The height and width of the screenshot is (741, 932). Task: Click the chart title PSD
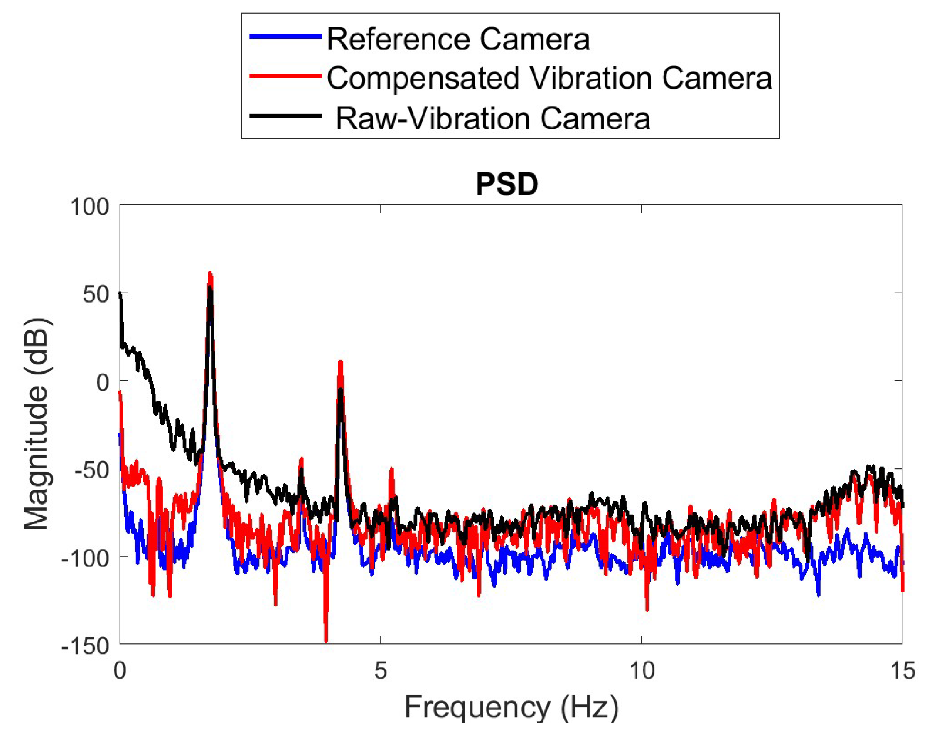coord(507,185)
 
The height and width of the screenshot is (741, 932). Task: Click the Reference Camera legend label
coord(458,39)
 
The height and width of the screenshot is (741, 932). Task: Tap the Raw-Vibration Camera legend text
coord(493,118)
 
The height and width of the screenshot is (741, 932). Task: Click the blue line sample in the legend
coord(285,37)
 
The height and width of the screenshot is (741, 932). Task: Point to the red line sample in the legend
coord(285,76)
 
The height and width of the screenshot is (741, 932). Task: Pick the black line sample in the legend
coord(285,116)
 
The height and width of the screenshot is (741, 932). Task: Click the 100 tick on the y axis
coord(90,207)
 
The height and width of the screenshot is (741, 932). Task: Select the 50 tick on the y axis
coord(96,295)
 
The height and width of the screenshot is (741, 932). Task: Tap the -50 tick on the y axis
coord(92,470)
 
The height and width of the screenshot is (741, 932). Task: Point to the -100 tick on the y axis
coord(86,559)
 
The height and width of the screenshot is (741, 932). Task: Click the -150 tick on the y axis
coord(86,646)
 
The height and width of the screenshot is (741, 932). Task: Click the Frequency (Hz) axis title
coord(511,707)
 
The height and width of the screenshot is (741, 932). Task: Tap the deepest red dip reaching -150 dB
coord(326,640)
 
